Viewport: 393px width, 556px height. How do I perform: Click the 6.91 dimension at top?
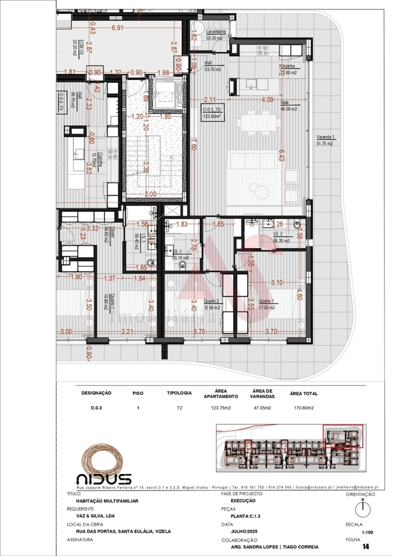tap(117, 28)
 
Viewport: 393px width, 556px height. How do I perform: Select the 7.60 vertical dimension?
tap(193, 144)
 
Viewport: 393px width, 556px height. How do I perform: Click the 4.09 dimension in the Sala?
tap(267, 100)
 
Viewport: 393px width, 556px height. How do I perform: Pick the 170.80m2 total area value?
tap(303, 408)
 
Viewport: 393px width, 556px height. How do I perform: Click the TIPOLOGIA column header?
tap(179, 393)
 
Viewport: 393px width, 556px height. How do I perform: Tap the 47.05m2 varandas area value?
tap(262, 408)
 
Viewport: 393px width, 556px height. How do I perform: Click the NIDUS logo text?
tap(104, 479)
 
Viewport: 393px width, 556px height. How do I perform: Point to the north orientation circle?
tap(363, 509)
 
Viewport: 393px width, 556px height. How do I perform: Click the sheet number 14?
tap(365, 546)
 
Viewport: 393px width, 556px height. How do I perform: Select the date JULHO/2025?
tap(244, 531)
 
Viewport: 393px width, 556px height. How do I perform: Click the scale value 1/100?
tap(367, 532)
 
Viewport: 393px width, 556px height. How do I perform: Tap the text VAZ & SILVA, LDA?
tap(95, 516)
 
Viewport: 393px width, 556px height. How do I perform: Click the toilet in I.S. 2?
tap(297, 226)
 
